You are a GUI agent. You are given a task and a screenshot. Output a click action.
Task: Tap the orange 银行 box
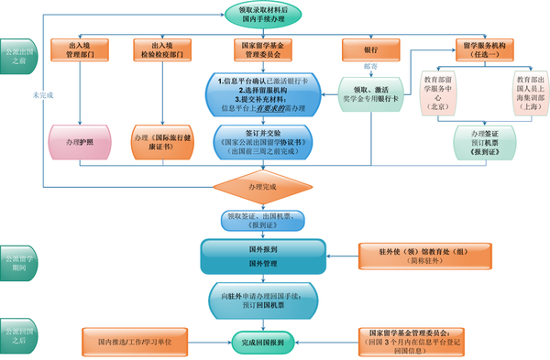coord(370,48)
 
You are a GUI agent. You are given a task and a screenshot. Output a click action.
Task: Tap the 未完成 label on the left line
coord(38,94)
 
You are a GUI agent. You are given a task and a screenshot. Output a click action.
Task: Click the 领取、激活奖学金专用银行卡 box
coord(370,95)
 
